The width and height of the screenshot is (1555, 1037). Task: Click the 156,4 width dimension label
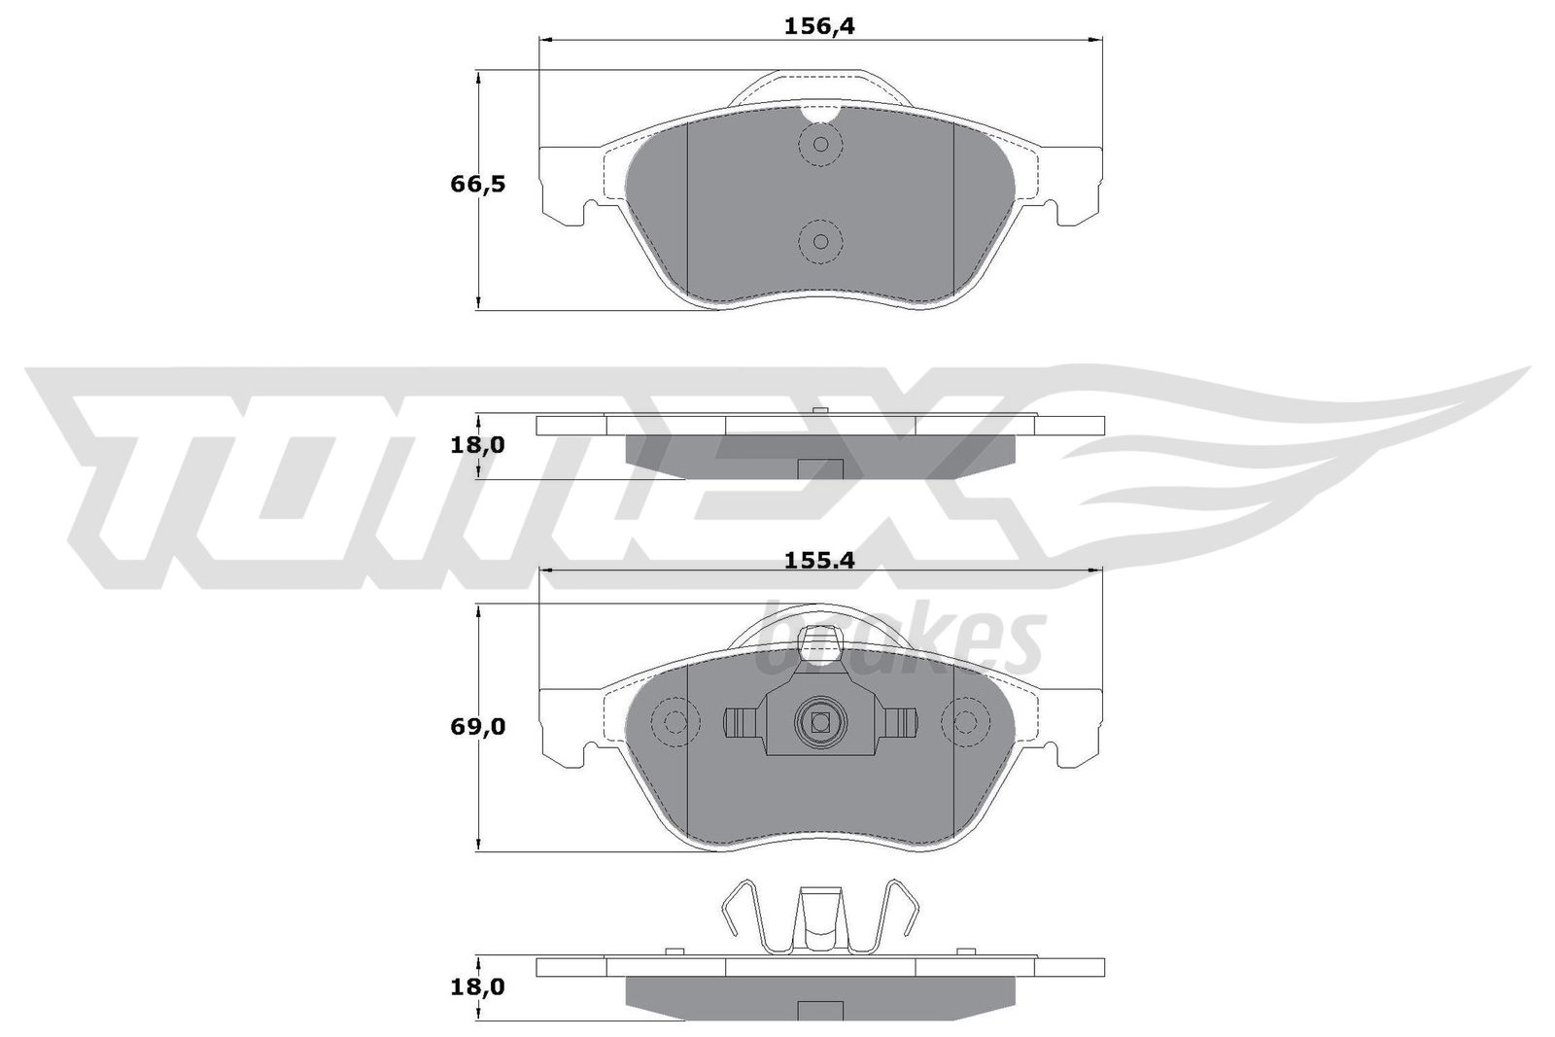tap(818, 27)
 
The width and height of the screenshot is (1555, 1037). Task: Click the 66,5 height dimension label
tap(477, 184)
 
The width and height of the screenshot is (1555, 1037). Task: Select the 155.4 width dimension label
tap(818, 560)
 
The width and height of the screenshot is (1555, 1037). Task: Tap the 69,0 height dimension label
tap(477, 726)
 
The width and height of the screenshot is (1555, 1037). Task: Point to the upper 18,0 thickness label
tap(477, 445)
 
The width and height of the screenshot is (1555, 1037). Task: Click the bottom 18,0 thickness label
tap(477, 987)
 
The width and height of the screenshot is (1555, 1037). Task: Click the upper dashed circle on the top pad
tap(820, 145)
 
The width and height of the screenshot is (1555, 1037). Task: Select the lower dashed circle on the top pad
tap(820, 241)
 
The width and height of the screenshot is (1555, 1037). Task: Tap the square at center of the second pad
tap(820, 721)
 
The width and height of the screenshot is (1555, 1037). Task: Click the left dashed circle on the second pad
tap(674, 722)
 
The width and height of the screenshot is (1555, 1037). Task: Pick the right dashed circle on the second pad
tap(965, 722)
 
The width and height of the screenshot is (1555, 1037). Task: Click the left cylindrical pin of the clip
tap(743, 722)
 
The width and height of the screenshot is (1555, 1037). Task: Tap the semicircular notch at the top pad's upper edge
tap(820, 114)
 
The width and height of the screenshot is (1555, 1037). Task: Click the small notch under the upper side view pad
tap(819, 468)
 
